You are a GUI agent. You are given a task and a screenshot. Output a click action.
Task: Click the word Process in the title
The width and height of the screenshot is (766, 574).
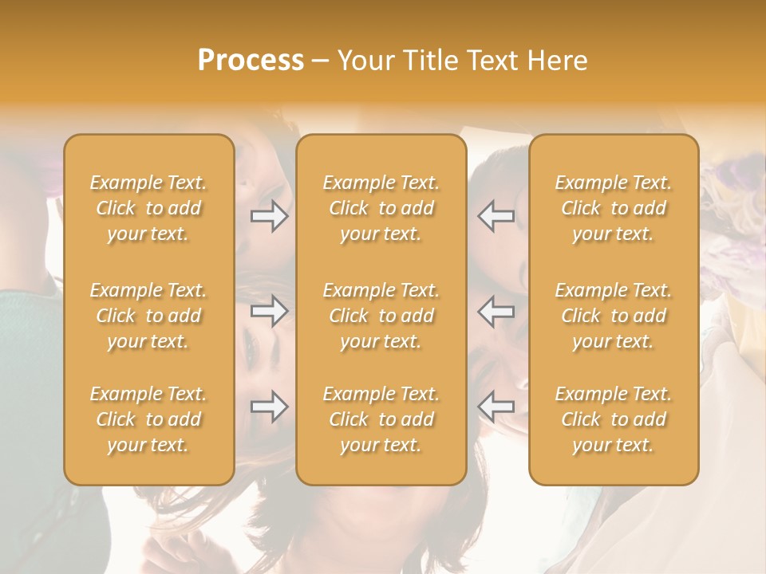251,61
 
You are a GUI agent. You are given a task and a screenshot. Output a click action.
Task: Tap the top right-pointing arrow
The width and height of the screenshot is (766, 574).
270,216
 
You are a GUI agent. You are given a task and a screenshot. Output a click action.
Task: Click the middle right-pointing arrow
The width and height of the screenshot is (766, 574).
270,311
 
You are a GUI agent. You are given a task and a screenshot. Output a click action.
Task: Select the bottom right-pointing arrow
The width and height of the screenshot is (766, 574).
270,407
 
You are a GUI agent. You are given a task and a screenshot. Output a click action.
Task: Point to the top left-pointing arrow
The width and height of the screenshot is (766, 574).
496,216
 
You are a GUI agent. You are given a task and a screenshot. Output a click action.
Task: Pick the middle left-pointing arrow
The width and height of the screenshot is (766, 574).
496,311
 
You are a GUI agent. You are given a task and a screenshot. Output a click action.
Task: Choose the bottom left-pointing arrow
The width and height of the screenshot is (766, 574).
496,407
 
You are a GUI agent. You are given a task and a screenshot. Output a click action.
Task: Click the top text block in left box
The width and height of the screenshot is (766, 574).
148,208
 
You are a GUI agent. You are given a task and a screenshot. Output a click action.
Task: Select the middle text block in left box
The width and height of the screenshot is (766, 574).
148,316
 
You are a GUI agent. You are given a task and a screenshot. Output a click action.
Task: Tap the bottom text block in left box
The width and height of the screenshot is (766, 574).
148,419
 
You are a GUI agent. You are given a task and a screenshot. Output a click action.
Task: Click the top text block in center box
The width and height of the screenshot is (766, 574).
381,208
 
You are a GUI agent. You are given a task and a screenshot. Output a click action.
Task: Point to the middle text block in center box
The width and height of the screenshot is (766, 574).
381,316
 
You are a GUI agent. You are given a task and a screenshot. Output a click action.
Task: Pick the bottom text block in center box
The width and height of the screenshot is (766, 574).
381,419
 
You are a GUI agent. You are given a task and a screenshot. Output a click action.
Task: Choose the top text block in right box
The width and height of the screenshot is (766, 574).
614,208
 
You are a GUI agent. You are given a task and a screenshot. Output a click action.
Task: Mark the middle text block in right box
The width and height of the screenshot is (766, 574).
614,316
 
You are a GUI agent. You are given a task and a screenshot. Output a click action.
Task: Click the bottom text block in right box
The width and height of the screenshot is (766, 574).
614,419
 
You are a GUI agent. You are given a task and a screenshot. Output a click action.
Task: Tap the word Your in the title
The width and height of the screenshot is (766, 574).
364,61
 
